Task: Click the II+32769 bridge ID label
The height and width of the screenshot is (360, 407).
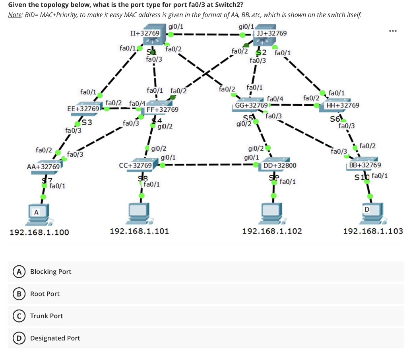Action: pos(145,33)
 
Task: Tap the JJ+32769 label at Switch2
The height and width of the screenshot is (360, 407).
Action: pos(272,33)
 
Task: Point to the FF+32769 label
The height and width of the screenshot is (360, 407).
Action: pos(163,109)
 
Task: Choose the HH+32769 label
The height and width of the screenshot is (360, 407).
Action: pos(343,105)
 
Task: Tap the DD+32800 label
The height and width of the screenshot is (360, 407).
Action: pos(280,165)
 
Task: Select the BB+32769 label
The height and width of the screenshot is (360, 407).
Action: pos(365,165)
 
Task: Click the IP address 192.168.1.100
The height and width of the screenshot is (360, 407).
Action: pos(39,232)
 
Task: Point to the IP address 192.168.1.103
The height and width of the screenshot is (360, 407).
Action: pos(373,231)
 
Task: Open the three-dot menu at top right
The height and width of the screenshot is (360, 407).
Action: pos(393,31)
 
